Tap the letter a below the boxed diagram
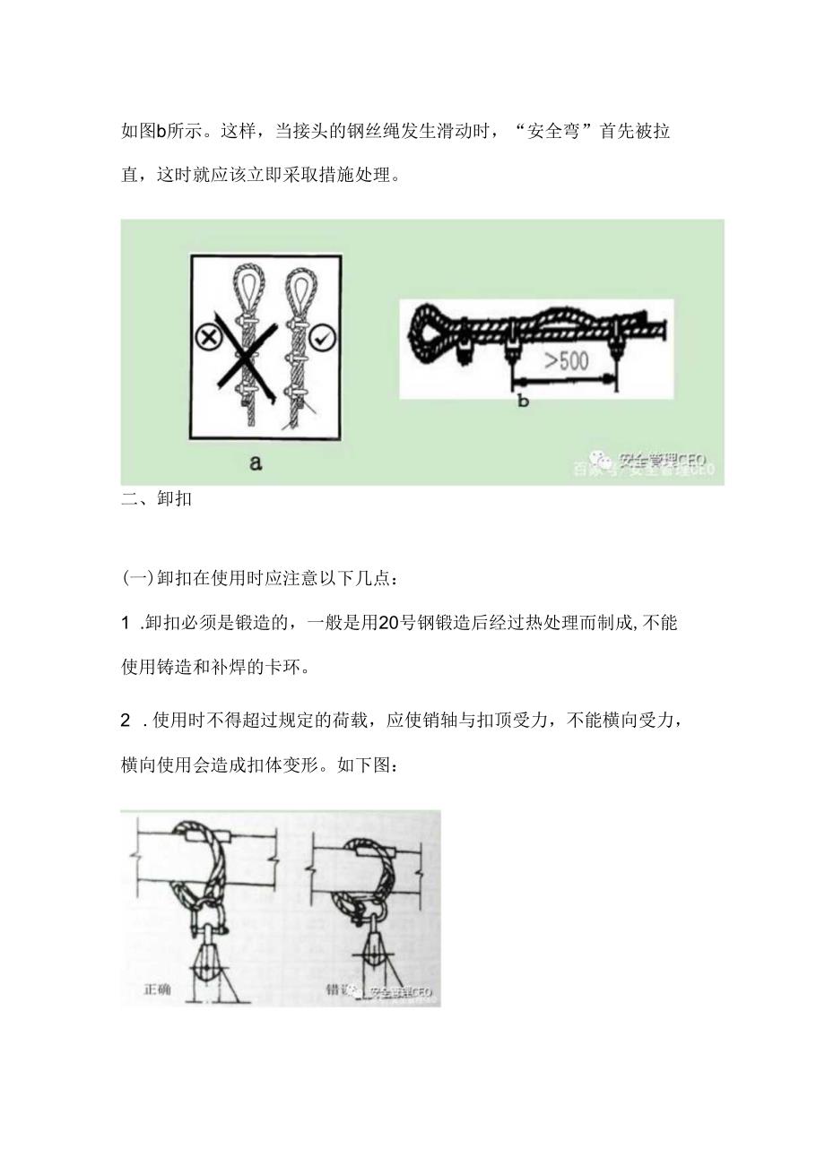(256, 463)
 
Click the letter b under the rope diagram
(524, 401)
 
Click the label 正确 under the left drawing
(157, 991)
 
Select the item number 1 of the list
(126, 625)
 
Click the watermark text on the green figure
(662, 461)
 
